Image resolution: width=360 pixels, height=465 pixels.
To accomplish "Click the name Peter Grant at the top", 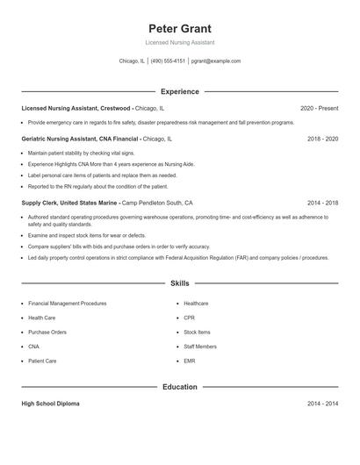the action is click(180, 28).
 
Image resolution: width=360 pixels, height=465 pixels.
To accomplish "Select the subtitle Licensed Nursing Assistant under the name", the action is click(180, 42).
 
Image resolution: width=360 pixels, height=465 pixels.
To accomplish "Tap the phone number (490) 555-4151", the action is click(168, 61).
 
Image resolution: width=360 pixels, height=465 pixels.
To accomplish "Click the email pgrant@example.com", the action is click(216, 61).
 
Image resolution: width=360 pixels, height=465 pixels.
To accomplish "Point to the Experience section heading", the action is click(180, 91).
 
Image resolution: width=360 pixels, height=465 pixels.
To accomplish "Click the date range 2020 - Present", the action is click(319, 108).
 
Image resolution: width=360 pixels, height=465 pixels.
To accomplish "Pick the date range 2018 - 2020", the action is click(323, 139).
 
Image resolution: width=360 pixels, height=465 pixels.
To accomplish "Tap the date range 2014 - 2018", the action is click(323, 203).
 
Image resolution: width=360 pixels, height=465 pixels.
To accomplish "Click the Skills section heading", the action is click(180, 283).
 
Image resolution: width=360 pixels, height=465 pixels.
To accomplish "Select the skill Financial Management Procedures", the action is click(67, 304).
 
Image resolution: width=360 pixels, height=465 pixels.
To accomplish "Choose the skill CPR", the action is click(190, 318).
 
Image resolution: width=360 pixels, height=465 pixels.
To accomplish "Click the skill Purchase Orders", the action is click(47, 333).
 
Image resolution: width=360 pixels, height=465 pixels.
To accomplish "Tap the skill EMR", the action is click(190, 361).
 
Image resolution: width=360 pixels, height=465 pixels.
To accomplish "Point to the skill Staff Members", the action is click(200, 347).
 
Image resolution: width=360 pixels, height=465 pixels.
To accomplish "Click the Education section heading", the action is click(180, 386).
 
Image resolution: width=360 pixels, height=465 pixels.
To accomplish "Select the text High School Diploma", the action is click(50, 404).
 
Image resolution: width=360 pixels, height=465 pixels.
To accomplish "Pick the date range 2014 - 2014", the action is click(323, 404).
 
